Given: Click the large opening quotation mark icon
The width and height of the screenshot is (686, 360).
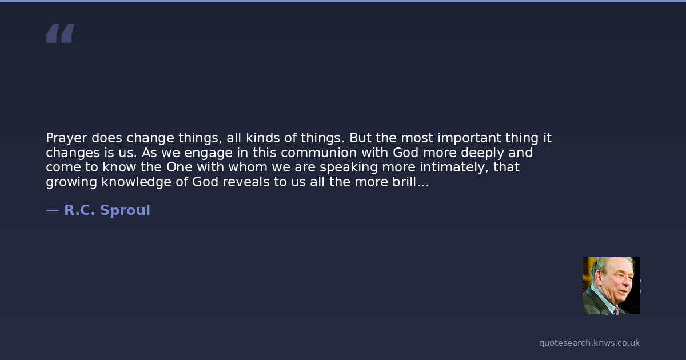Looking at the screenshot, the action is point(61,33).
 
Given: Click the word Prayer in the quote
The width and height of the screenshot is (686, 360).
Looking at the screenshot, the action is point(66,138).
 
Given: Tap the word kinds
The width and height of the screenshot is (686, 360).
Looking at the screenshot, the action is point(263,138).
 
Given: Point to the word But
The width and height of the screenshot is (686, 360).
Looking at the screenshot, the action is point(360,138).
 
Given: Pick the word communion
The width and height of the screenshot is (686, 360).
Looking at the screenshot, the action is point(319,153).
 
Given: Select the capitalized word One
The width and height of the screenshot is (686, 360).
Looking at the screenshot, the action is point(180,167).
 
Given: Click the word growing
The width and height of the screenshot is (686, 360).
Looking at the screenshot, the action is point(71,182).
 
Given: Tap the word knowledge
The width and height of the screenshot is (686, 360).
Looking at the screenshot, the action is point(136,182).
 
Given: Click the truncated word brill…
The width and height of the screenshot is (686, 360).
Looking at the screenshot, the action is point(410,182).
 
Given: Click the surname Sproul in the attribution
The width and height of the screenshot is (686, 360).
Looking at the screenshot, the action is point(125,210).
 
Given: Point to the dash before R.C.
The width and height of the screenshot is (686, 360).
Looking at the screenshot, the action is point(53,210).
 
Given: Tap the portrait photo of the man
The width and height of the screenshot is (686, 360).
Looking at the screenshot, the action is point(612,286).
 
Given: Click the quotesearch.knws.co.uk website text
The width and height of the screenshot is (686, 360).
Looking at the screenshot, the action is point(589,343).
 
